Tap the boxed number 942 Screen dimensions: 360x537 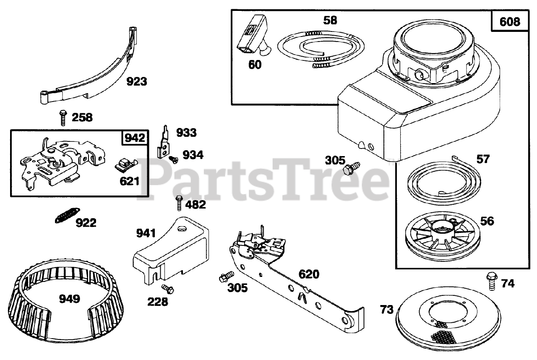coord(135,138)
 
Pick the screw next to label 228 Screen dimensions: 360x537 coord(168,289)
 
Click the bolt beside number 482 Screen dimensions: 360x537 coord(179,203)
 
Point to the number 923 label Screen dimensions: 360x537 coord(137,81)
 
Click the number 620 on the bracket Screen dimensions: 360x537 coord(309,274)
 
